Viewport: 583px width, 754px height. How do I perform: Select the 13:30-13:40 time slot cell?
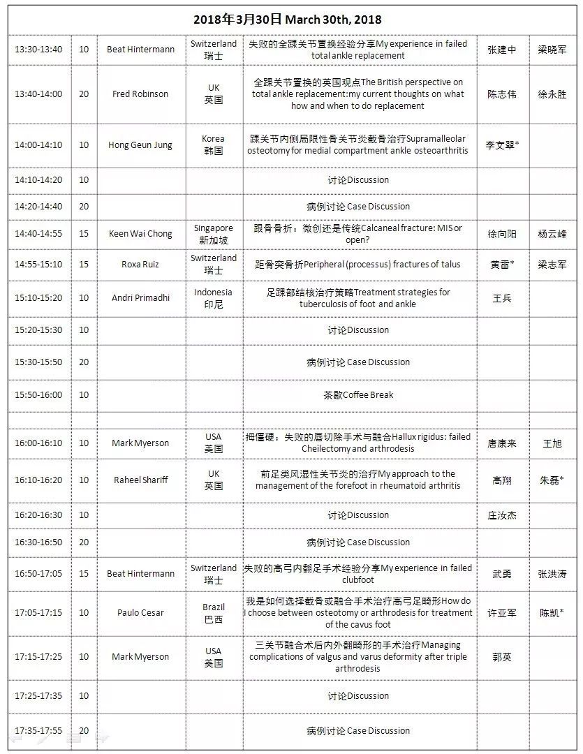tap(38, 50)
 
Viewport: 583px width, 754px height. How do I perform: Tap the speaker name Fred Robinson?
tap(140, 94)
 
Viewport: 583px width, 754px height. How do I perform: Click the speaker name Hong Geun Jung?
tap(140, 145)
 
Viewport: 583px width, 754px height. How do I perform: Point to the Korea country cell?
tap(213, 145)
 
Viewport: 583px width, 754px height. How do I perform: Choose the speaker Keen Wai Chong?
tap(140, 234)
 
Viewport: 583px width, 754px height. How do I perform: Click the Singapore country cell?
tap(213, 234)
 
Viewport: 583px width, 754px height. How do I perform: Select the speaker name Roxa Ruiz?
tap(140, 264)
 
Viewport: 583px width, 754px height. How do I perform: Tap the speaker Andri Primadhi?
tap(140, 297)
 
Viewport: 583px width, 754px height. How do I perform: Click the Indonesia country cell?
tap(213, 298)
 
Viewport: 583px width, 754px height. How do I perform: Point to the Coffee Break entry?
tap(358, 394)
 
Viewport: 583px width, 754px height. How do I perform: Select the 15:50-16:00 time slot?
tap(38, 394)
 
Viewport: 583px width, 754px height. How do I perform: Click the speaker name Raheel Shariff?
tap(140, 480)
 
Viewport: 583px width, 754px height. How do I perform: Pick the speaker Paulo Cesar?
tap(140, 612)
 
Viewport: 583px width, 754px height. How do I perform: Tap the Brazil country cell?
tap(213, 613)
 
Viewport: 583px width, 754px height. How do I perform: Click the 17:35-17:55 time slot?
tap(38, 730)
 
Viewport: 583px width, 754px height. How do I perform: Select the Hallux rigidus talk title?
tap(358, 443)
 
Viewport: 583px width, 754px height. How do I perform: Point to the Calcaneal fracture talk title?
tap(358, 234)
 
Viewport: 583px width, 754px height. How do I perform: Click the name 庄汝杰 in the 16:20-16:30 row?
tap(501, 515)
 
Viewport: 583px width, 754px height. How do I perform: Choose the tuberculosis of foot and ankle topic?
tap(358, 298)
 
